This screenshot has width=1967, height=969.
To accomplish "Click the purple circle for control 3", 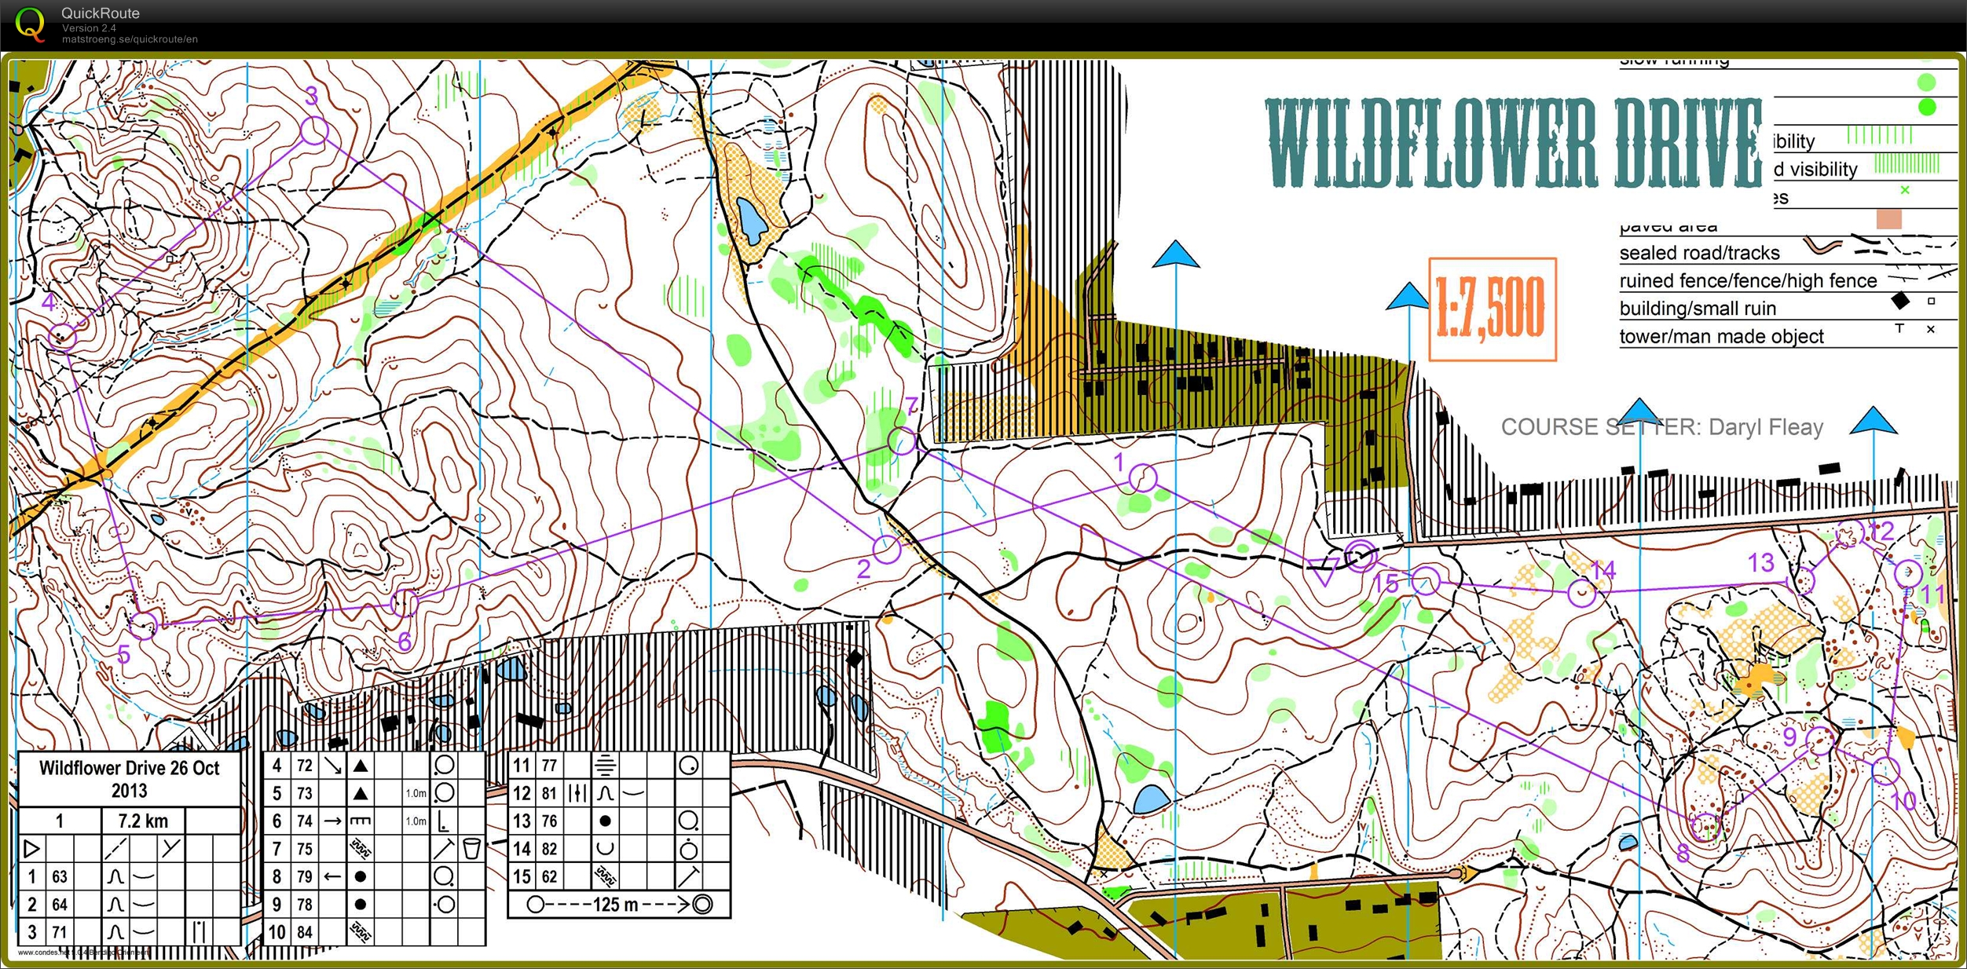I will (313, 131).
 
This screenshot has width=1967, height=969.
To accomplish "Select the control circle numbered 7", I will (902, 440).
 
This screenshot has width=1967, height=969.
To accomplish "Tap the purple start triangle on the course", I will (1324, 575).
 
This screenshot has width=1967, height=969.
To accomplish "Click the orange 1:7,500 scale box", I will (1492, 309).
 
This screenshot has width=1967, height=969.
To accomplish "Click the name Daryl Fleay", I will (1765, 427).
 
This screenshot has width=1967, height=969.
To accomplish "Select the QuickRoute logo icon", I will (30, 24).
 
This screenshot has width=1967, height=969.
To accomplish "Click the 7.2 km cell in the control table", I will (143, 821).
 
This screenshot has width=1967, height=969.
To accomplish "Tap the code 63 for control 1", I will (60, 876).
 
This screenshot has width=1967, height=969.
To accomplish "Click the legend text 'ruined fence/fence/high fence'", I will (1748, 280).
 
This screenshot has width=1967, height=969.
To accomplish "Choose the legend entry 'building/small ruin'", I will (1698, 308).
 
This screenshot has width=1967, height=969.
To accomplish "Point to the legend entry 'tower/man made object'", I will (1721, 336).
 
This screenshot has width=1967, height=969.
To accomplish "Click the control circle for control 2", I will (886, 549).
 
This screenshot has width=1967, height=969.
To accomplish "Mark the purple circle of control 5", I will (144, 625).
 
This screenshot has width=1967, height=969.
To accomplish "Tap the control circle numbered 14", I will (1582, 593).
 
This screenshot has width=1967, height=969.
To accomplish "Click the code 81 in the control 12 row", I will (549, 793).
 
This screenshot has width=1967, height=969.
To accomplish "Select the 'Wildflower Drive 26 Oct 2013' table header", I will (130, 778).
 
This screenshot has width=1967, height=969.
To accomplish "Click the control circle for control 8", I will (1706, 827).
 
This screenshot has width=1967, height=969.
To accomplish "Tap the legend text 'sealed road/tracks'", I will (1699, 253).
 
